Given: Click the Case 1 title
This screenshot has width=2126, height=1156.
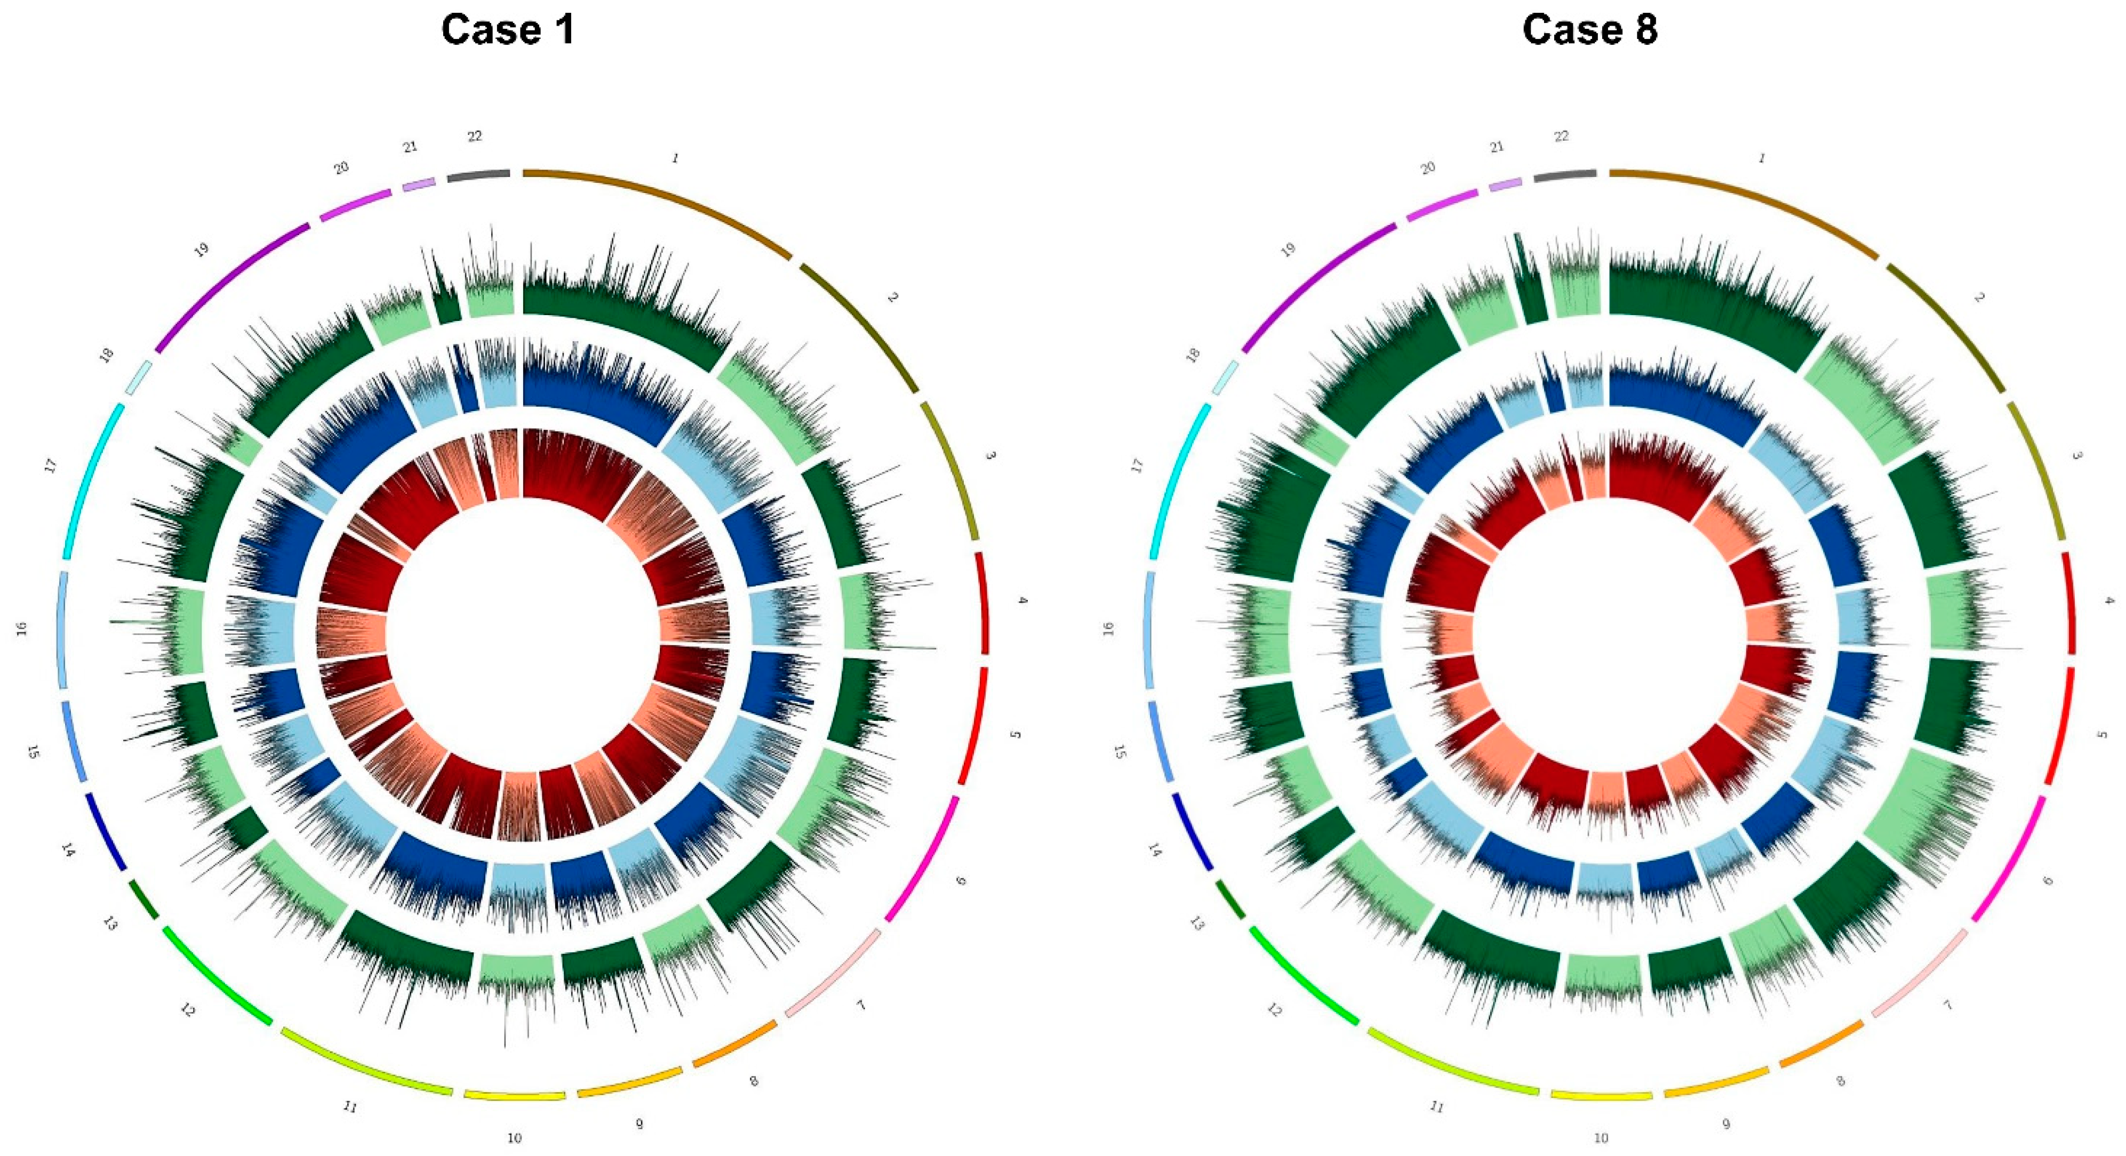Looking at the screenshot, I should (508, 30).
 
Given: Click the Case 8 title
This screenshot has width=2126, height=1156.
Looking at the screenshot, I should (1589, 30).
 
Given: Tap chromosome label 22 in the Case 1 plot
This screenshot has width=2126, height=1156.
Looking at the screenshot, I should (475, 136).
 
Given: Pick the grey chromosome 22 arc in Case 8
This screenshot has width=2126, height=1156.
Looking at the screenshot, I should (1565, 175).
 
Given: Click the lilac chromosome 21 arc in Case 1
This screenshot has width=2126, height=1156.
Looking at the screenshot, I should (419, 184).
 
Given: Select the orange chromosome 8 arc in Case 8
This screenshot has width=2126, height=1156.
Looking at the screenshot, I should (1823, 1044).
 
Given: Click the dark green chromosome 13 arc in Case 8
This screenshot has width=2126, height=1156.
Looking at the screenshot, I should (1230, 900).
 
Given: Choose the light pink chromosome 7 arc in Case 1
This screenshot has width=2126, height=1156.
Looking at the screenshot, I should (834, 974).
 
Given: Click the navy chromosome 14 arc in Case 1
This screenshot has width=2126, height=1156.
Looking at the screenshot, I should (106, 832).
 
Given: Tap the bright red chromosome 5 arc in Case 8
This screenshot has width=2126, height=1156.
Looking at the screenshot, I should (2063, 726).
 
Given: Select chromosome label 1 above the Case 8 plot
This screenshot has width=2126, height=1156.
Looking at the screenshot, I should (1762, 158).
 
